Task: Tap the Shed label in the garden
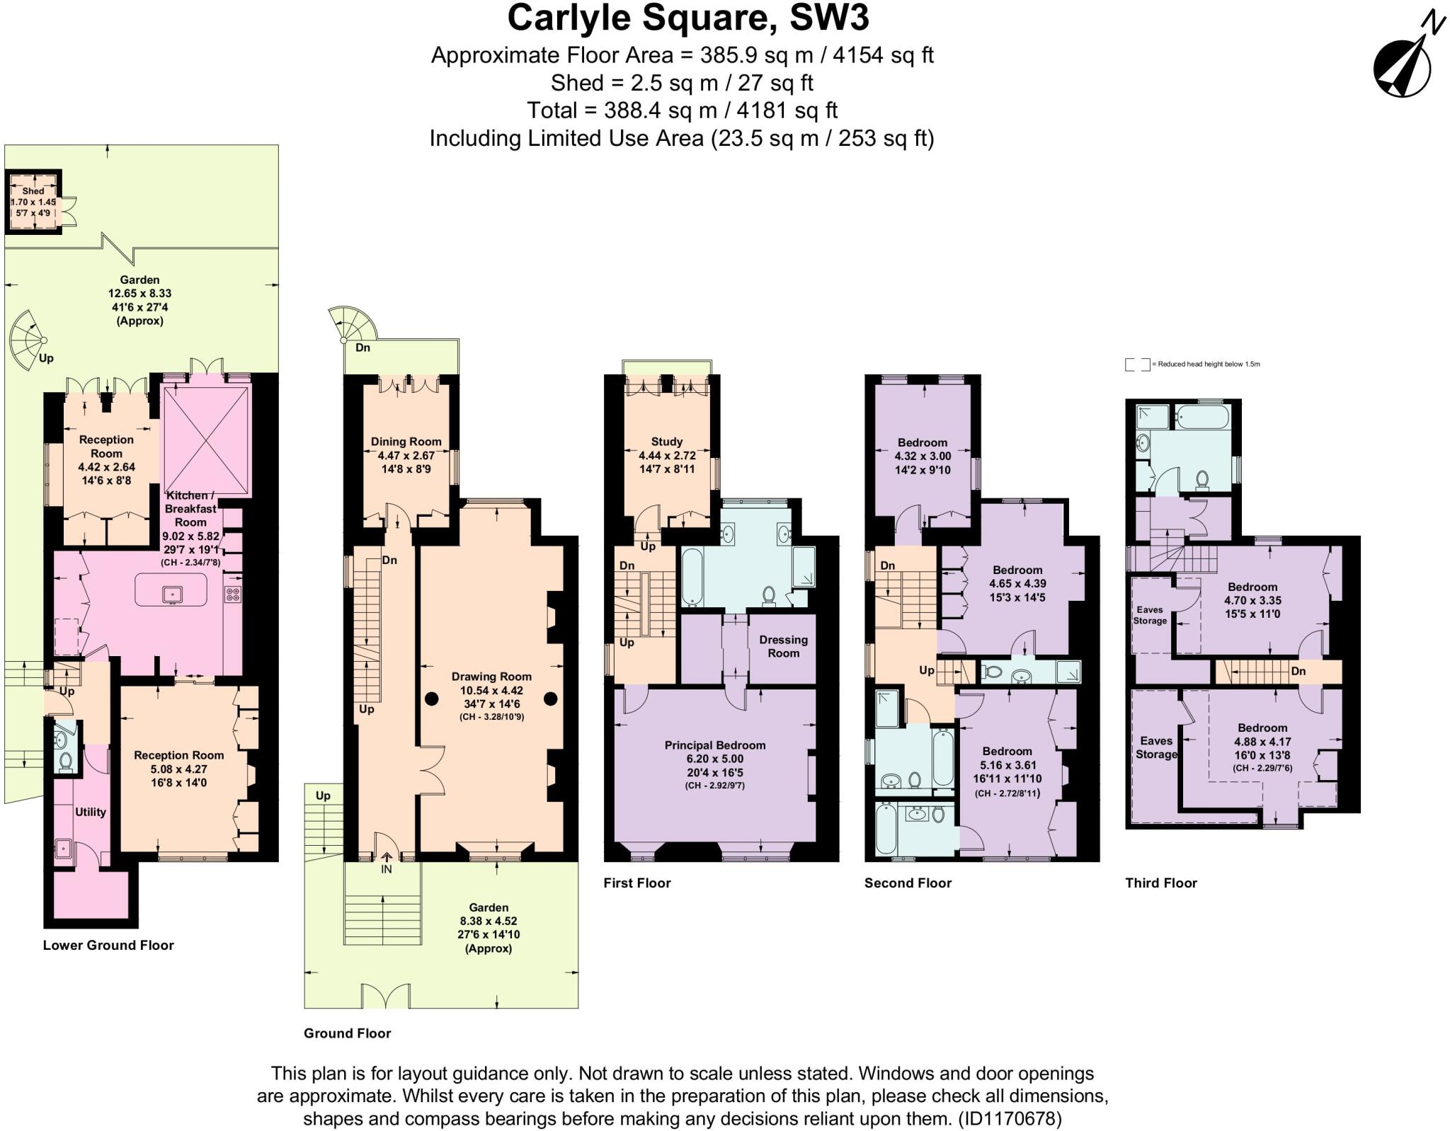coord(33,191)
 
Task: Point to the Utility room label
coord(91,812)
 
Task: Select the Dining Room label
coord(406,442)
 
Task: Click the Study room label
coord(666,442)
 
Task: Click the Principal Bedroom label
coord(714,745)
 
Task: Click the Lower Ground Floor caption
coord(108,945)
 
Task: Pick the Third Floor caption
coord(1160,883)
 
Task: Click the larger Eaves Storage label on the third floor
coord(1155,747)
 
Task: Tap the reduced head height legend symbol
coord(1137,364)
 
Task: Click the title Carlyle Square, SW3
coord(687,18)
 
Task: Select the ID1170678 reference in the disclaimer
coord(1009,1119)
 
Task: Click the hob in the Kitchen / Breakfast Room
coord(232,595)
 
